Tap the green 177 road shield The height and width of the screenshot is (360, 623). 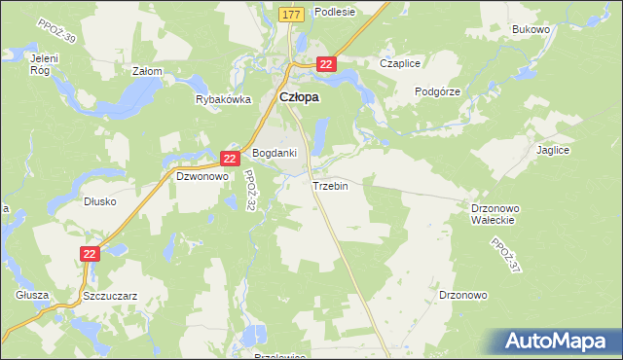[291, 15]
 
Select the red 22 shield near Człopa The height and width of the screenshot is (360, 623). [326, 64]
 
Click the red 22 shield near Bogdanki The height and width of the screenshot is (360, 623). [230, 158]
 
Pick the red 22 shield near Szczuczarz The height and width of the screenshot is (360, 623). [90, 253]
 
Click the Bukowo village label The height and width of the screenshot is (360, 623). [531, 30]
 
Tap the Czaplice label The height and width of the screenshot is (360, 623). [400, 63]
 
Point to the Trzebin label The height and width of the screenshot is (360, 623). [330, 185]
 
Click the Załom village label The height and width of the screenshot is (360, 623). [147, 71]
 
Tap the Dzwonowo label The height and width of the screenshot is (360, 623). [201, 177]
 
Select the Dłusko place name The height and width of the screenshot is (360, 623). [100, 202]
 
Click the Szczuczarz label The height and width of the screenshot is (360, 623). [110, 294]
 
